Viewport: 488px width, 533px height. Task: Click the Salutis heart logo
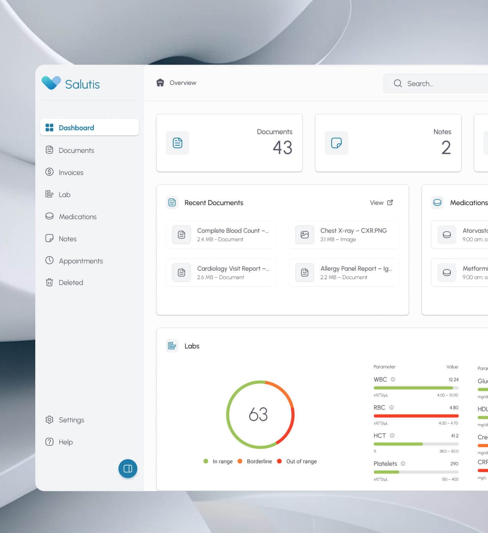coord(51,83)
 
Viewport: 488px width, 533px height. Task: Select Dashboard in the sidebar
coord(76,128)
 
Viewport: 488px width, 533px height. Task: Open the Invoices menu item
coord(71,173)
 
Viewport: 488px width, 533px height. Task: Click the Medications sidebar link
coord(77,217)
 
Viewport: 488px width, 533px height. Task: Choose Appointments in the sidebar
coord(81,261)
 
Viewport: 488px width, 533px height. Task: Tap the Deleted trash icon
coord(50,283)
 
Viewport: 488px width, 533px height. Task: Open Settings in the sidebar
coord(71,420)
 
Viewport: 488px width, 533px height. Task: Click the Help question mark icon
coord(50,442)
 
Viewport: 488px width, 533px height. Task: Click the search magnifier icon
coord(398,83)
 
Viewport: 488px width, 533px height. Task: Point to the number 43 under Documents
coord(282,147)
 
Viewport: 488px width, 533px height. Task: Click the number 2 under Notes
coord(446,147)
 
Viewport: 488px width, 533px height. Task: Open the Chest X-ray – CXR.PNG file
coord(353,230)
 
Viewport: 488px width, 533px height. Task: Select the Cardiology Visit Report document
coord(233,269)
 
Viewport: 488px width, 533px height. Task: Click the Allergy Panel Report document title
coord(356,269)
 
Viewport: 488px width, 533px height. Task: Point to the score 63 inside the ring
coord(258,415)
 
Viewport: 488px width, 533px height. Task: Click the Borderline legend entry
coord(259,461)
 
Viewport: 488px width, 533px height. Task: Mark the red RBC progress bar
coord(416,416)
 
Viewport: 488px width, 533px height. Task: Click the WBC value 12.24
coord(453,379)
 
